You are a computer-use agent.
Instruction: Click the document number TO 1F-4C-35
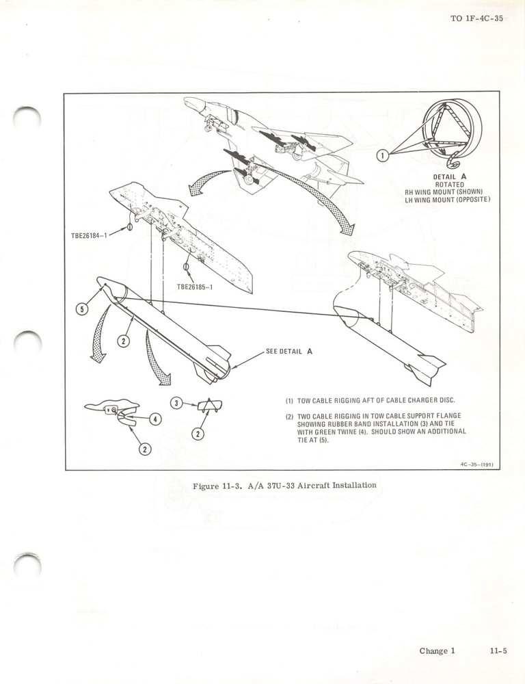(476, 18)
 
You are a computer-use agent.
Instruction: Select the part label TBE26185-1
(195, 287)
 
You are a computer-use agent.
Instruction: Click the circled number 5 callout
(81, 309)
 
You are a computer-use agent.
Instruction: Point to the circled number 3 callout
(176, 403)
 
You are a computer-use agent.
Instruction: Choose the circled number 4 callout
(155, 419)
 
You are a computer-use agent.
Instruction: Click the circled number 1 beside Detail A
(384, 155)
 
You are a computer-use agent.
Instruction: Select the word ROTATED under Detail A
(449, 184)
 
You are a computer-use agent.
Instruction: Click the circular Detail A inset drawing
(451, 130)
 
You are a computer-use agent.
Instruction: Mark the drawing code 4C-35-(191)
(476, 464)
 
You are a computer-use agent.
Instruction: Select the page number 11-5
(498, 651)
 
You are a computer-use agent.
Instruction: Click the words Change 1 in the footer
(437, 651)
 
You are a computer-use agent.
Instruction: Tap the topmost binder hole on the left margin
(27, 118)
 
